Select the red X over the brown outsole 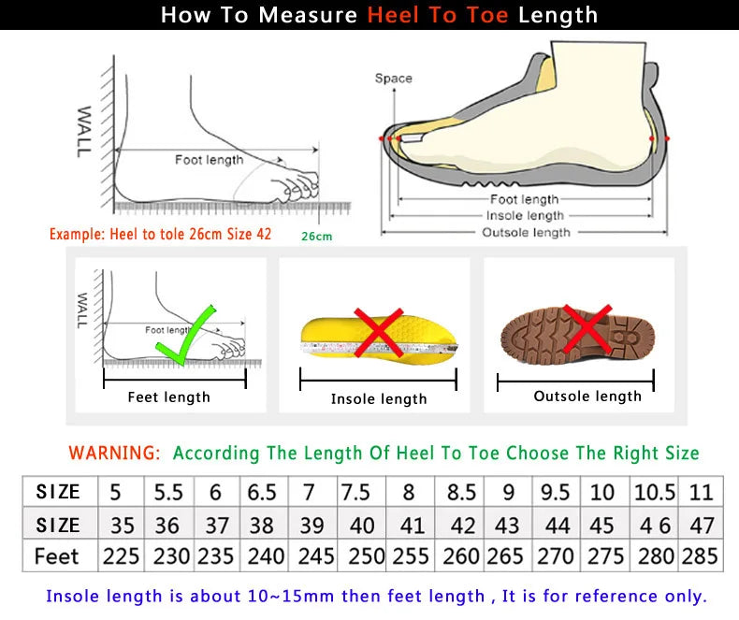[587, 328]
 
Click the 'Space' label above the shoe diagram [393, 79]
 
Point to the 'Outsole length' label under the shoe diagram [525, 232]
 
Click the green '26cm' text [316, 236]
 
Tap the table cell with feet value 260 [460, 555]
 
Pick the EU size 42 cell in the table [460, 524]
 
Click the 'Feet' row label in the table [57, 555]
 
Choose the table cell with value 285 [700, 555]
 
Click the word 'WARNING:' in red [114, 454]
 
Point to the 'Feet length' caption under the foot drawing [168, 397]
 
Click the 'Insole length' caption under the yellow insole [379, 399]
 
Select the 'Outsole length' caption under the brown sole [587, 397]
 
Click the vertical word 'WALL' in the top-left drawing [83, 131]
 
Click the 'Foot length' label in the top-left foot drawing [209, 160]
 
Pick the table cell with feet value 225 [121, 555]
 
